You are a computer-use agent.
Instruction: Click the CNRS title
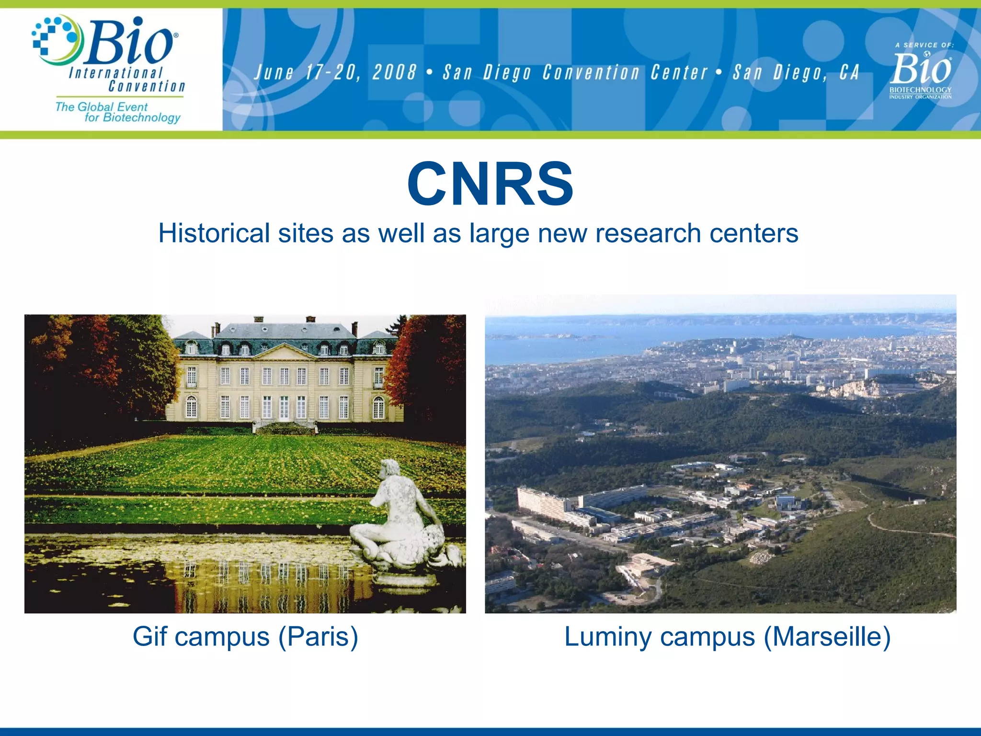(490, 184)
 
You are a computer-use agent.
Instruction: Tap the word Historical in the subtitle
(214, 233)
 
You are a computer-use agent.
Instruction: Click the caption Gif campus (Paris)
(245, 637)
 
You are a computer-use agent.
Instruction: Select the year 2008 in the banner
(394, 72)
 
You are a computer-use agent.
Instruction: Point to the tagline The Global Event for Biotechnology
(117, 112)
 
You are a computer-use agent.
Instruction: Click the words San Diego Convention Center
(575, 73)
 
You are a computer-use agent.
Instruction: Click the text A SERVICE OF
(924, 45)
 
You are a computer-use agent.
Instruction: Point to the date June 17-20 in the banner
(307, 72)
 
